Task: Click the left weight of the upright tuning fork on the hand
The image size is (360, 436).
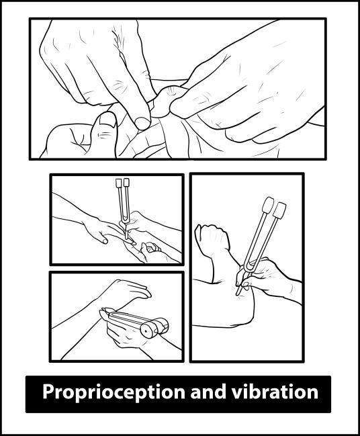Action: click(x=119, y=182)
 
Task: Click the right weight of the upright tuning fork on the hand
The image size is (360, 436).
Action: click(x=126, y=182)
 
